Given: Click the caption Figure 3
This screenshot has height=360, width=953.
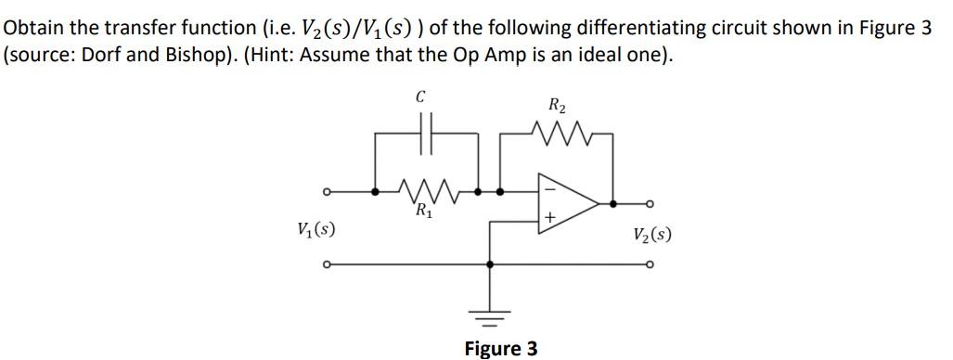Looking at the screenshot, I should pos(500,349).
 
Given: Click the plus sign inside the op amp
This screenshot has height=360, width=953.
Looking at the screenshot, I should pos(550,218).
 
